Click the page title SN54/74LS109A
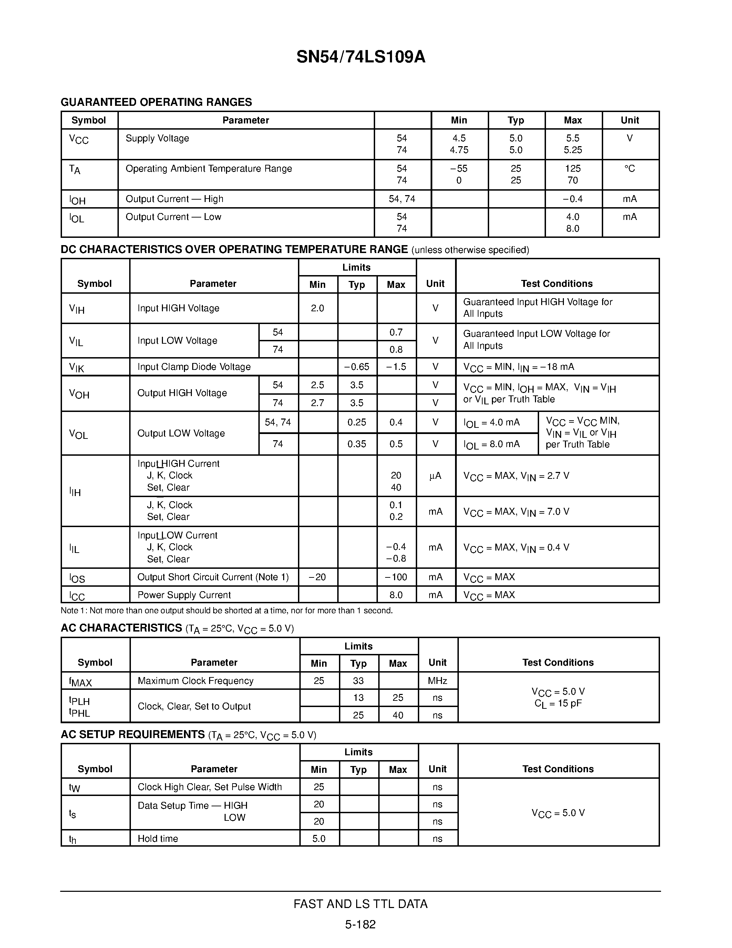click(x=361, y=57)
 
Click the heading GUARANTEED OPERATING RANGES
click(x=156, y=102)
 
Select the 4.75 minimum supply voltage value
click(x=459, y=150)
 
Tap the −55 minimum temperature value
click(x=459, y=169)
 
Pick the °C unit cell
click(x=630, y=169)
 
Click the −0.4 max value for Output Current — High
click(x=573, y=199)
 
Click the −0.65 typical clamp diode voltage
click(x=357, y=367)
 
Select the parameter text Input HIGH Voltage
click(x=178, y=308)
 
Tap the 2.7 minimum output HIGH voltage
click(x=318, y=403)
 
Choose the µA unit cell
click(x=435, y=476)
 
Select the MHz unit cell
click(x=437, y=680)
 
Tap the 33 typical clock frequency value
click(x=358, y=680)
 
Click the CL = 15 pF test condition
click(x=558, y=703)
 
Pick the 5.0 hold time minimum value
click(x=319, y=839)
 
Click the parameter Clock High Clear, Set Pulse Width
click(x=209, y=787)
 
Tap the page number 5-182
click(x=360, y=925)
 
